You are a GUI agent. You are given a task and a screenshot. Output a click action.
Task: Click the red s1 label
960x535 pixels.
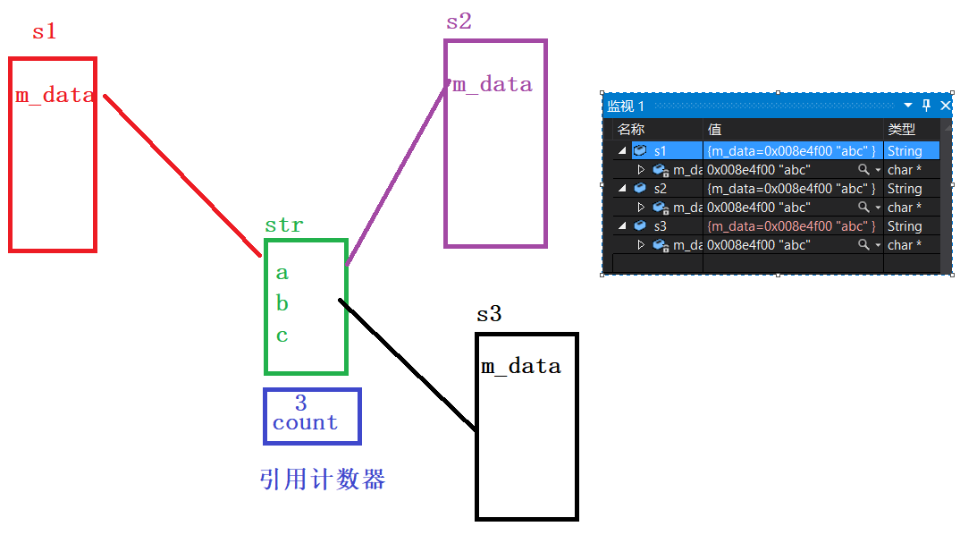click(45, 32)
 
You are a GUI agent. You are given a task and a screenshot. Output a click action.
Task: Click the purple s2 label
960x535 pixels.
click(459, 22)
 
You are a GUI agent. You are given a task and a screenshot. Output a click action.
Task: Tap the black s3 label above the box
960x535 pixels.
click(489, 315)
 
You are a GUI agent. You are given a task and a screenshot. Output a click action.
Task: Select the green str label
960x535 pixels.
click(284, 225)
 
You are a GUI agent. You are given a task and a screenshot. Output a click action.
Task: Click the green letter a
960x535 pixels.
click(282, 273)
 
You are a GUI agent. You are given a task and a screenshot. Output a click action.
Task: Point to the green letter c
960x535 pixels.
click(282, 336)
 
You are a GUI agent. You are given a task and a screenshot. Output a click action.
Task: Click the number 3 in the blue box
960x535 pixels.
click(301, 404)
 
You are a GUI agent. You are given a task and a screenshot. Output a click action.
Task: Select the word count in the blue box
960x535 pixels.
click(306, 423)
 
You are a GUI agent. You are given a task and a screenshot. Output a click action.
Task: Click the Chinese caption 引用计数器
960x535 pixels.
click(323, 480)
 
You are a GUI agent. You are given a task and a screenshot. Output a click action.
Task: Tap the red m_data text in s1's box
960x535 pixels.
click(55, 96)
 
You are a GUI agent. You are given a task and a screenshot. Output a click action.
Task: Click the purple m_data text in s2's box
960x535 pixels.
click(493, 85)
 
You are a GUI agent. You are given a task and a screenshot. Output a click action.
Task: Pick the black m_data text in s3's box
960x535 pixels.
click(521, 367)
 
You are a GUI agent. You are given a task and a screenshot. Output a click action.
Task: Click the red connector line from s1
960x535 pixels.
click(179, 170)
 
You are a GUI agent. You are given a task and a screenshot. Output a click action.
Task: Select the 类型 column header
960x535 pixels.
click(901, 130)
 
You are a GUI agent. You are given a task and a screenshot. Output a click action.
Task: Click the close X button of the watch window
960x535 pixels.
click(946, 106)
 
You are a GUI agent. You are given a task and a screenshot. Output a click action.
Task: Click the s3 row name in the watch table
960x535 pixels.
click(661, 226)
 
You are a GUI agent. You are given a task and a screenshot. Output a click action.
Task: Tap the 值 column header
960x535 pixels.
click(715, 130)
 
